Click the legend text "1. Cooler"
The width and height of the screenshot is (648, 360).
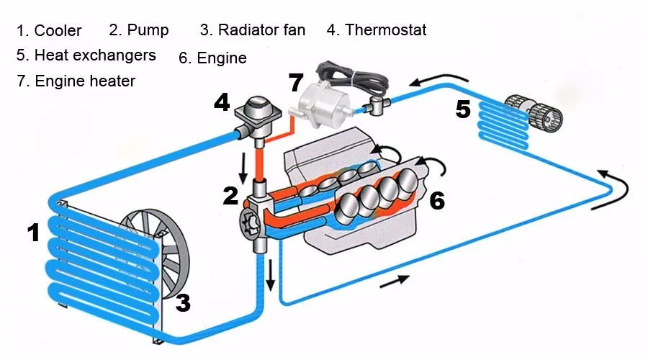(49, 31)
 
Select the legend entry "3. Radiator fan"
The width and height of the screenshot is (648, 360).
(253, 30)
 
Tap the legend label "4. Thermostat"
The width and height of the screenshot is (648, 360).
(377, 30)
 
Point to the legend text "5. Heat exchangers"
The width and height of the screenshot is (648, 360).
(86, 55)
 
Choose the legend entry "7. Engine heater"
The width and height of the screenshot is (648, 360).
(76, 81)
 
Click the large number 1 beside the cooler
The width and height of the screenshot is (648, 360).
(33, 233)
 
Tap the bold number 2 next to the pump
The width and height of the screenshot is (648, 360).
(230, 196)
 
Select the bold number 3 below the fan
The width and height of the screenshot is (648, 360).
(183, 303)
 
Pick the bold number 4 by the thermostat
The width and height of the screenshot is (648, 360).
(222, 103)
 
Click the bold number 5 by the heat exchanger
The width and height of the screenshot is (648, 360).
(463, 110)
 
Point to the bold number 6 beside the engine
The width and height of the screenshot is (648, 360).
(437, 201)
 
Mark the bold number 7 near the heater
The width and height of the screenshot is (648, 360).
(296, 82)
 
